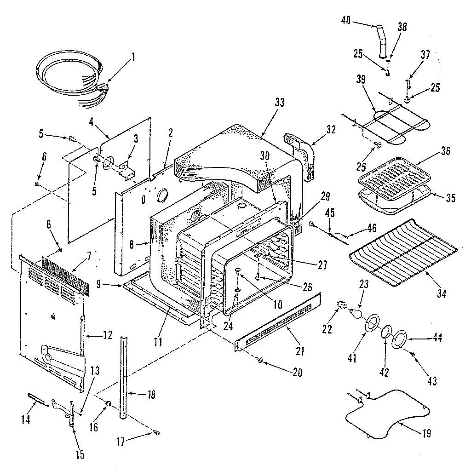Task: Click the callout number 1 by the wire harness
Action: [133, 57]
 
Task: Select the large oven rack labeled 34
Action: [403, 253]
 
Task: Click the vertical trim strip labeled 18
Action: [124, 377]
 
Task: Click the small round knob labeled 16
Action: [109, 403]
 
